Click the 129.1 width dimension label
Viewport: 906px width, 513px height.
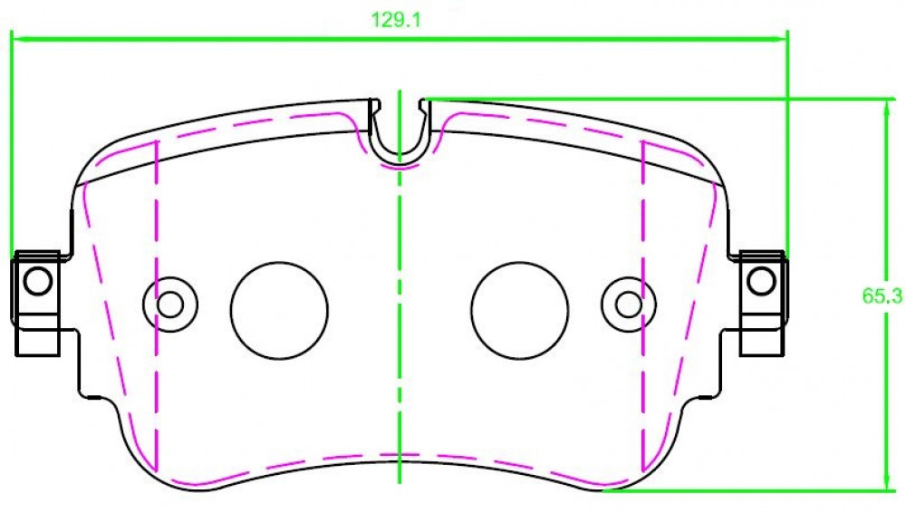(397, 20)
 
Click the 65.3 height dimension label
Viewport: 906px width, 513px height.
(882, 296)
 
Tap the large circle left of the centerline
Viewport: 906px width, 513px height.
(279, 311)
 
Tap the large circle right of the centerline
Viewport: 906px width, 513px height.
(519, 311)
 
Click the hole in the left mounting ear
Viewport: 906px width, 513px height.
(38, 281)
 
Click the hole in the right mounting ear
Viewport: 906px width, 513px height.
(762, 281)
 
